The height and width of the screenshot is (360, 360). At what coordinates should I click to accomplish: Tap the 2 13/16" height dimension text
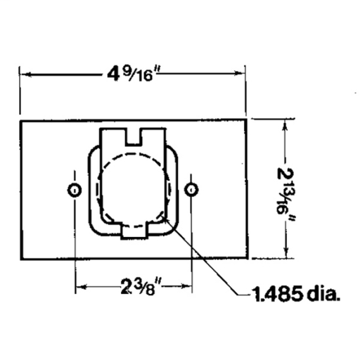285,191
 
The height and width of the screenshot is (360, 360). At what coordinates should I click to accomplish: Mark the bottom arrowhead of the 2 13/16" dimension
285,255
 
